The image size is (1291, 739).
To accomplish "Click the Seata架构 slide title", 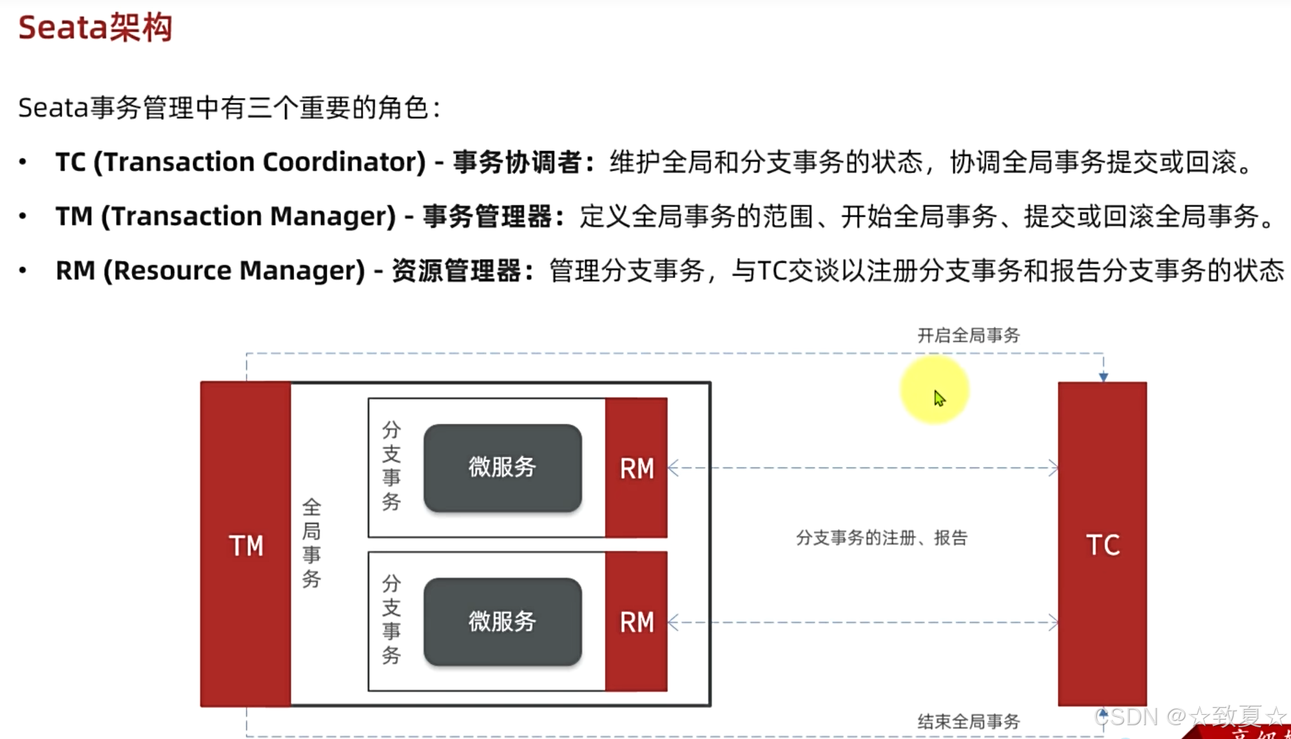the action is pyautogui.click(x=95, y=28).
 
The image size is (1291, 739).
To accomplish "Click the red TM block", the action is pyautogui.click(x=245, y=544).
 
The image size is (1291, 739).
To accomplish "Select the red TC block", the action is pyautogui.click(x=1102, y=544).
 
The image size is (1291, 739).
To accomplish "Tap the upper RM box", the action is pyautogui.click(x=636, y=468).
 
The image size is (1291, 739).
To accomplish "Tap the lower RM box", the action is pyautogui.click(x=636, y=622).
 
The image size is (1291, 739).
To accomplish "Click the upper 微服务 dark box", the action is pyautogui.click(x=503, y=468).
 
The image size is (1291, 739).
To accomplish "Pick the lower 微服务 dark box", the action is pyautogui.click(x=503, y=622).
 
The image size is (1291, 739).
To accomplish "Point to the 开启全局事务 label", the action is pyautogui.click(x=968, y=336).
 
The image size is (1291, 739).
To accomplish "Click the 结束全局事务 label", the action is pyautogui.click(x=968, y=722).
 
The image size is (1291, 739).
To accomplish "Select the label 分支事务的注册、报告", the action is pyautogui.click(x=882, y=538).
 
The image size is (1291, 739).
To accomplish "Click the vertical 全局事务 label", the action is pyautogui.click(x=311, y=543).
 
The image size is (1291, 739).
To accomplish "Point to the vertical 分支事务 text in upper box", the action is pyautogui.click(x=391, y=466).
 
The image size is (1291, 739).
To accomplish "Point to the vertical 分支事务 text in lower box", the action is pyautogui.click(x=391, y=620).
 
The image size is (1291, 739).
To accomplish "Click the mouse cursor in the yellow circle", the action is pyautogui.click(x=939, y=398).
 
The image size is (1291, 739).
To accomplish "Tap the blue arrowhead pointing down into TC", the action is pyautogui.click(x=1103, y=377).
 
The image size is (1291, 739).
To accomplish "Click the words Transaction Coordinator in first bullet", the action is pyautogui.click(x=260, y=162).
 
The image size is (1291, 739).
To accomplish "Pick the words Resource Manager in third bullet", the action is pyautogui.click(x=234, y=270).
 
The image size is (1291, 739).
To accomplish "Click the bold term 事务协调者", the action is pyautogui.click(x=517, y=162).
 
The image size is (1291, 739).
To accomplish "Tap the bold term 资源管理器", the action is pyautogui.click(x=456, y=270).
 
